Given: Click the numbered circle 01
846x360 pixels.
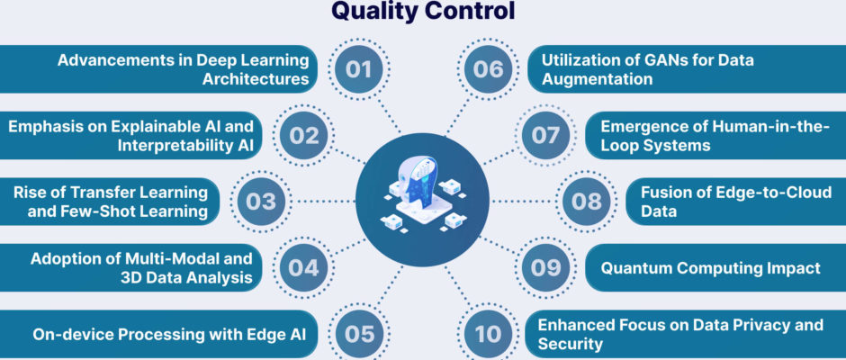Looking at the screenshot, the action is (x=359, y=69).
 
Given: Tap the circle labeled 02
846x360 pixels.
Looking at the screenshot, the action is (x=304, y=136).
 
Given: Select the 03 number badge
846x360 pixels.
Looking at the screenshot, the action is (x=261, y=202).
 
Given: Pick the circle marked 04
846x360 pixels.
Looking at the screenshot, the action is (x=304, y=267).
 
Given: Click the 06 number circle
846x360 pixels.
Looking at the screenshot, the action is (x=489, y=69).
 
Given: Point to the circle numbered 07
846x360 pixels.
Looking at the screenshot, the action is (x=545, y=136).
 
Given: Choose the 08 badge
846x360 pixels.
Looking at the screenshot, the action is (x=587, y=202).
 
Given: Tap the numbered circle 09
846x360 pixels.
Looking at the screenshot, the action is (x=545, y=267).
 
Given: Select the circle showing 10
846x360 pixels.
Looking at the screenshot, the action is (x=489, y=334).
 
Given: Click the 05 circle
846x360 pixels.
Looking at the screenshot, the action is (x=359, y=334).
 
